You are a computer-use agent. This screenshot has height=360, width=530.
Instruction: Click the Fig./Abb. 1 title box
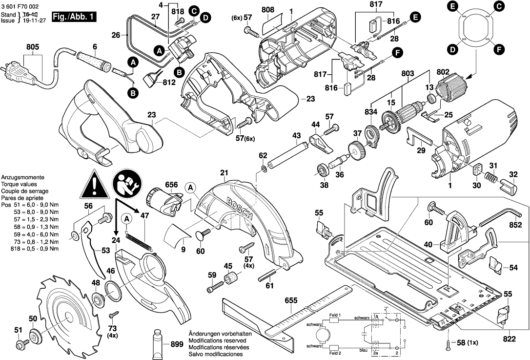pyautogui.click(x=75, y=17)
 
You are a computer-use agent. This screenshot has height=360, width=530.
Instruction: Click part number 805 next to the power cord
pyautogui.click(x=33, y=47)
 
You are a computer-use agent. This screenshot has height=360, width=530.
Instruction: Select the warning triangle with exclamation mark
pyautogui.click(x=95, y=185)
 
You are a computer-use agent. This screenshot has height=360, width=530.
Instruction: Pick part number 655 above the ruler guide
pyautogui.click(x=290, y=301)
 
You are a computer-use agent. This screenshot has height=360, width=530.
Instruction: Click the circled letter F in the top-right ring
pyautogui.click(x=499, y=49)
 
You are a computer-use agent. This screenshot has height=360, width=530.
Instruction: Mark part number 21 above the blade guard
pyautogui.click(x=224, y=173)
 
